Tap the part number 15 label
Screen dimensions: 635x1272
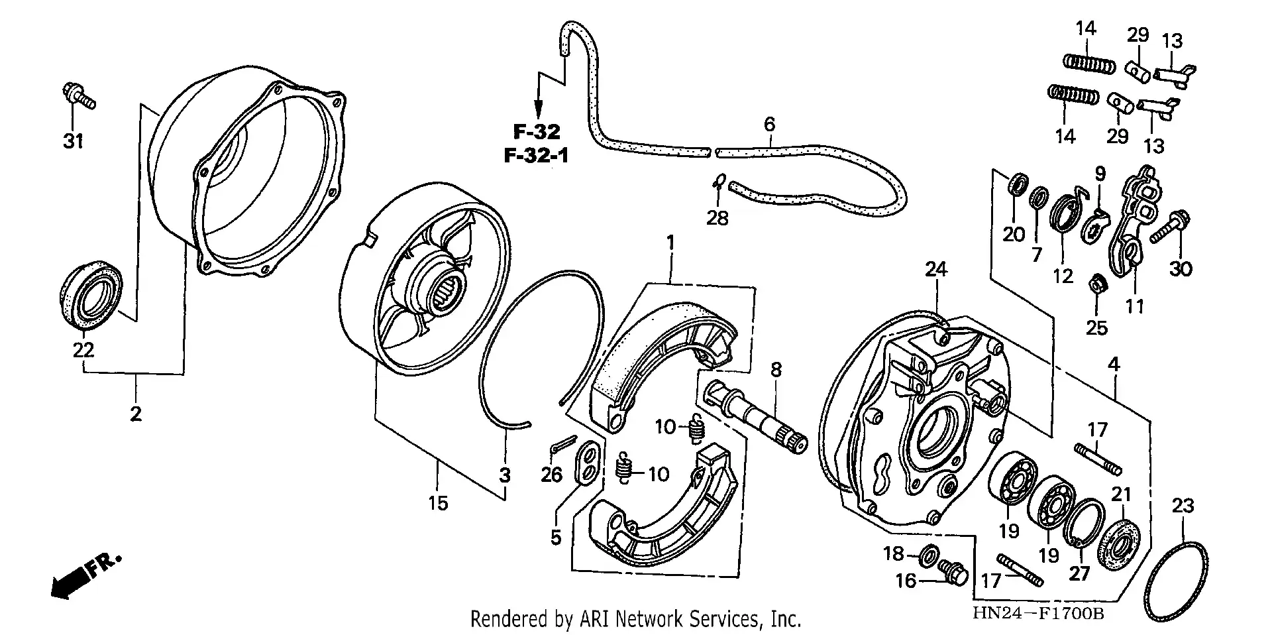pos(437,503)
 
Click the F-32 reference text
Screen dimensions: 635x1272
pos(536,131)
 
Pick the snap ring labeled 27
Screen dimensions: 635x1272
pos(1085,523)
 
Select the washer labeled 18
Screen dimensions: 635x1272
pos(930,551)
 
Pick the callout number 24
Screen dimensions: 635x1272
pos(936,269)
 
